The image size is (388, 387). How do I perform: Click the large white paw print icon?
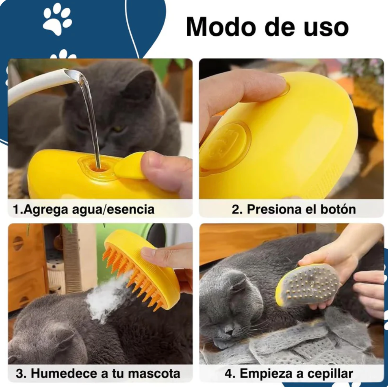57,19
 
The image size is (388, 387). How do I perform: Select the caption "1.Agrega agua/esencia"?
84,209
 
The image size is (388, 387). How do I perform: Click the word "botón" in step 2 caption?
336,209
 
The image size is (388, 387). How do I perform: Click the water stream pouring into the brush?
91,118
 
